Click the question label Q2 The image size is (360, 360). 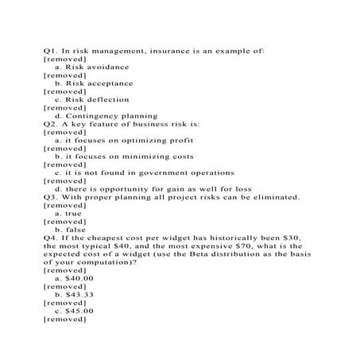click(50, 124)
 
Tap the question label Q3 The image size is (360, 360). click(50, 196)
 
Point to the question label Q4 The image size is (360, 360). click(50, 237)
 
